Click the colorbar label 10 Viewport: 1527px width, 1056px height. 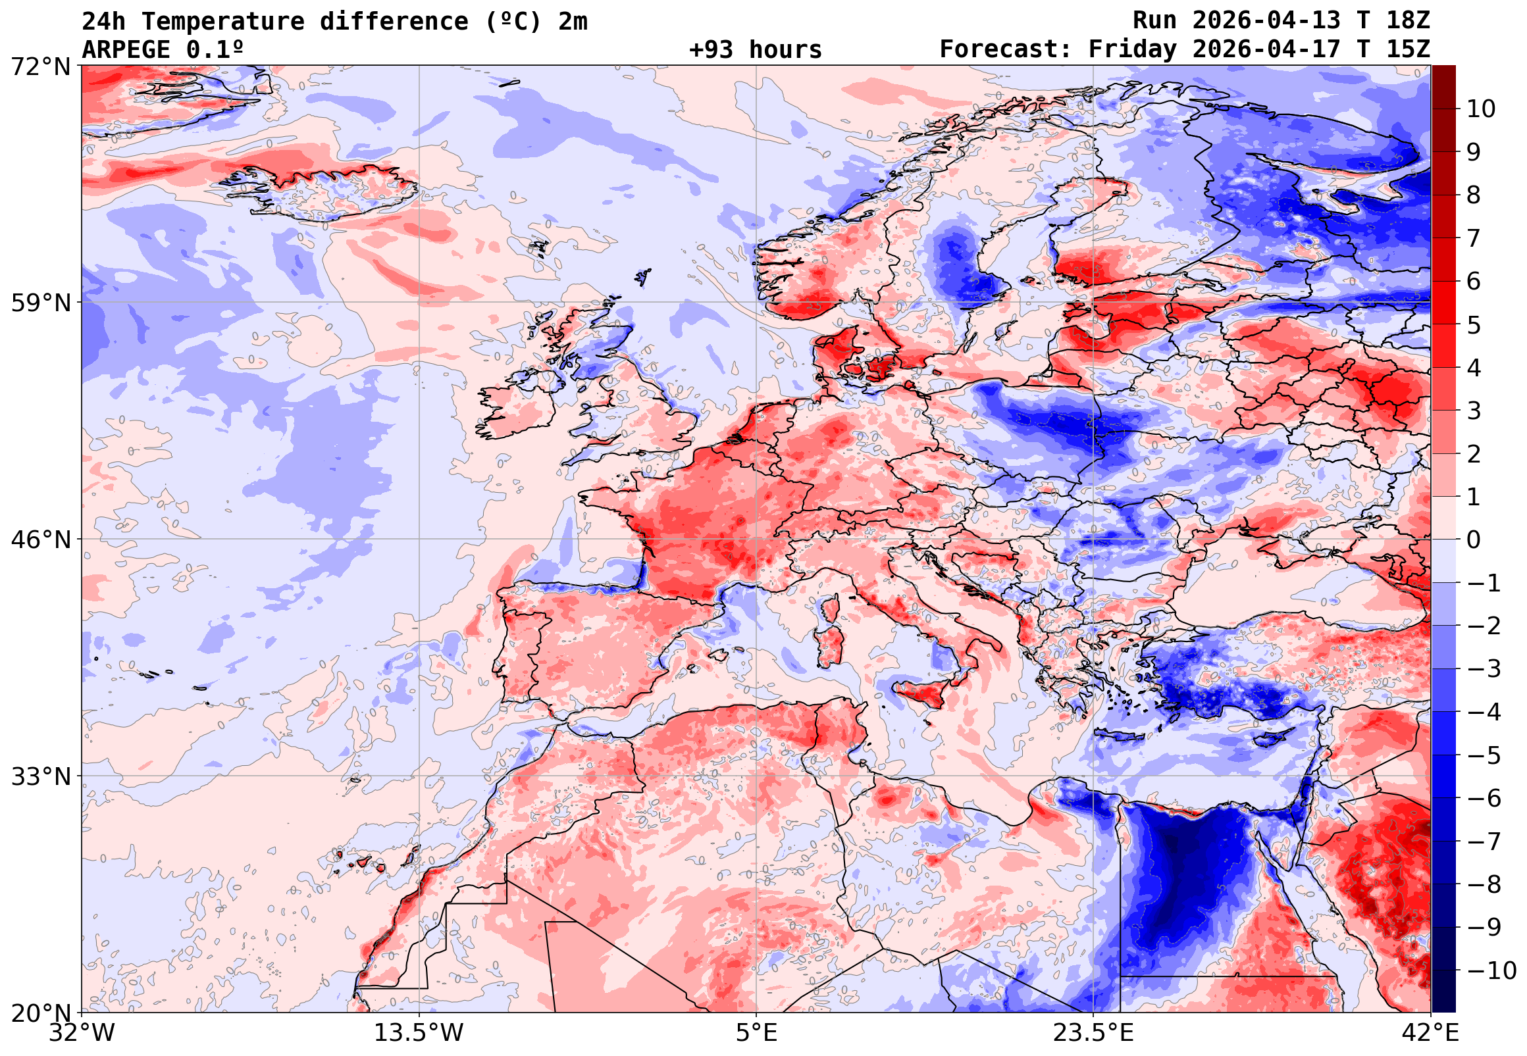tap(1482, 109)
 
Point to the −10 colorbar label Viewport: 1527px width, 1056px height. tap(1491, 971)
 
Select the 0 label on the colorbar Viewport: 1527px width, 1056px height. tap(1474, 540)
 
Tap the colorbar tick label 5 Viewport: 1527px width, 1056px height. tap(1474, 326)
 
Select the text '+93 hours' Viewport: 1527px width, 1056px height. tap(755, 49)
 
